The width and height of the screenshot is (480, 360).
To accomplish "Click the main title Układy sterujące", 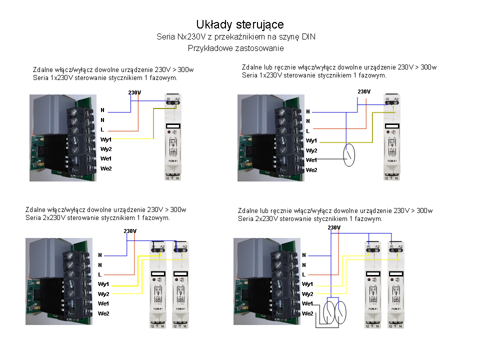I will [x=240, y=24].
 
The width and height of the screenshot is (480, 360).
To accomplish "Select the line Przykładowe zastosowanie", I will [x=236, y=48].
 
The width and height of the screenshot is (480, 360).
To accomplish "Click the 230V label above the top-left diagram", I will [x=134, y=92].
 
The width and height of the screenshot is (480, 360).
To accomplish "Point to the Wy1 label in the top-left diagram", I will [x=105, y=139].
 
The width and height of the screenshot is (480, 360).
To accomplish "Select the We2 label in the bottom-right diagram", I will [x=307, y=313].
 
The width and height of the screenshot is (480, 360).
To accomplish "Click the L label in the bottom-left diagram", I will [x=100, y=274].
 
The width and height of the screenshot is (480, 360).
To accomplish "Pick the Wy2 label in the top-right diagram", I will [x=311, y=150].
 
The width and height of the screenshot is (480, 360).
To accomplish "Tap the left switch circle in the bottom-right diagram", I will [x=329, y=312].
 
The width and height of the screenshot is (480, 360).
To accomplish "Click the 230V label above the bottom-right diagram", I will [x=334, y=228].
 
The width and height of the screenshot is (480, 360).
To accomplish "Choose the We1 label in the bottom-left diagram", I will [x=104, y=303].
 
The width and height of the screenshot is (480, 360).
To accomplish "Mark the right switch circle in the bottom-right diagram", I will [x=341, y=312].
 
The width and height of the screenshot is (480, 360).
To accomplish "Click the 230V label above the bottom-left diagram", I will [x=130, y=231].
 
